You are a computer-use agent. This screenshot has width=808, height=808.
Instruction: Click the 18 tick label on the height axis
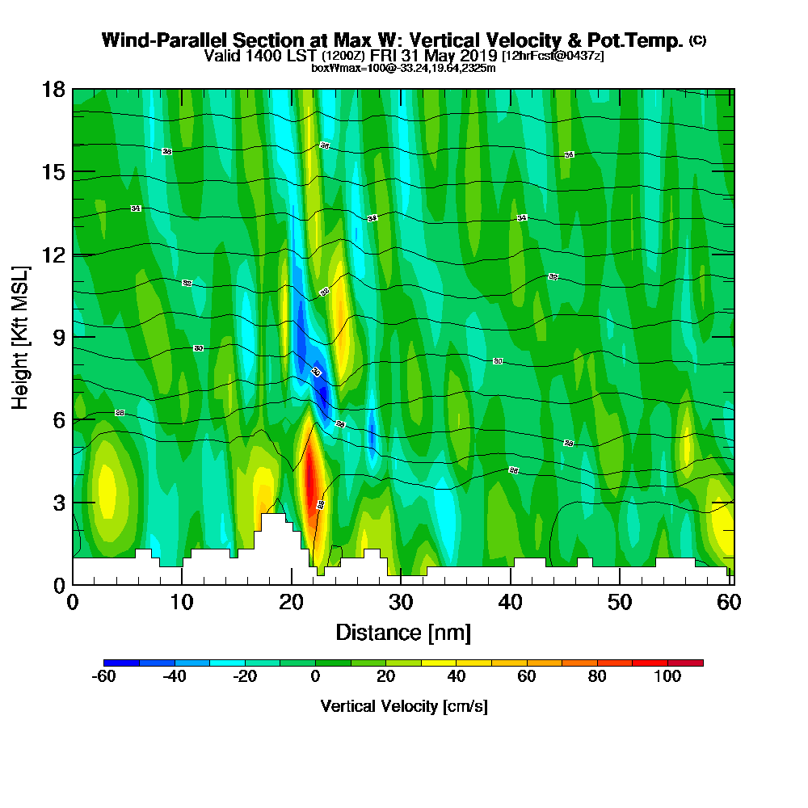tap(53, 89)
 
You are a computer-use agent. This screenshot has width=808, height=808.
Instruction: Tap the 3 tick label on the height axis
tap(58, 503)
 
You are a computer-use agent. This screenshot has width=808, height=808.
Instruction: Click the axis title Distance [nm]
tap(402, 632)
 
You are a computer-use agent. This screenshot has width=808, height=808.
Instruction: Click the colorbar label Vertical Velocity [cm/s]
tap(404, 706)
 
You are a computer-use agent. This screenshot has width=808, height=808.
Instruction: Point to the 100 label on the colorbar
tap(667, 677)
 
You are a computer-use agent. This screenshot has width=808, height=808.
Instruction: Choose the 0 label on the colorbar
tap(316, 677)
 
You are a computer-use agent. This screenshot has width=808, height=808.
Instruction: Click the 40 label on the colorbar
tap(457, 677)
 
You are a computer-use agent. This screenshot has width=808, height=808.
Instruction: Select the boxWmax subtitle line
tap(403, 68)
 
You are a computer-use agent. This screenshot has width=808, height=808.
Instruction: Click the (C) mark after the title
tap(697, 40)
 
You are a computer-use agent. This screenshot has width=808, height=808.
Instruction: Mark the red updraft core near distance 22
tap(310, 477)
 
